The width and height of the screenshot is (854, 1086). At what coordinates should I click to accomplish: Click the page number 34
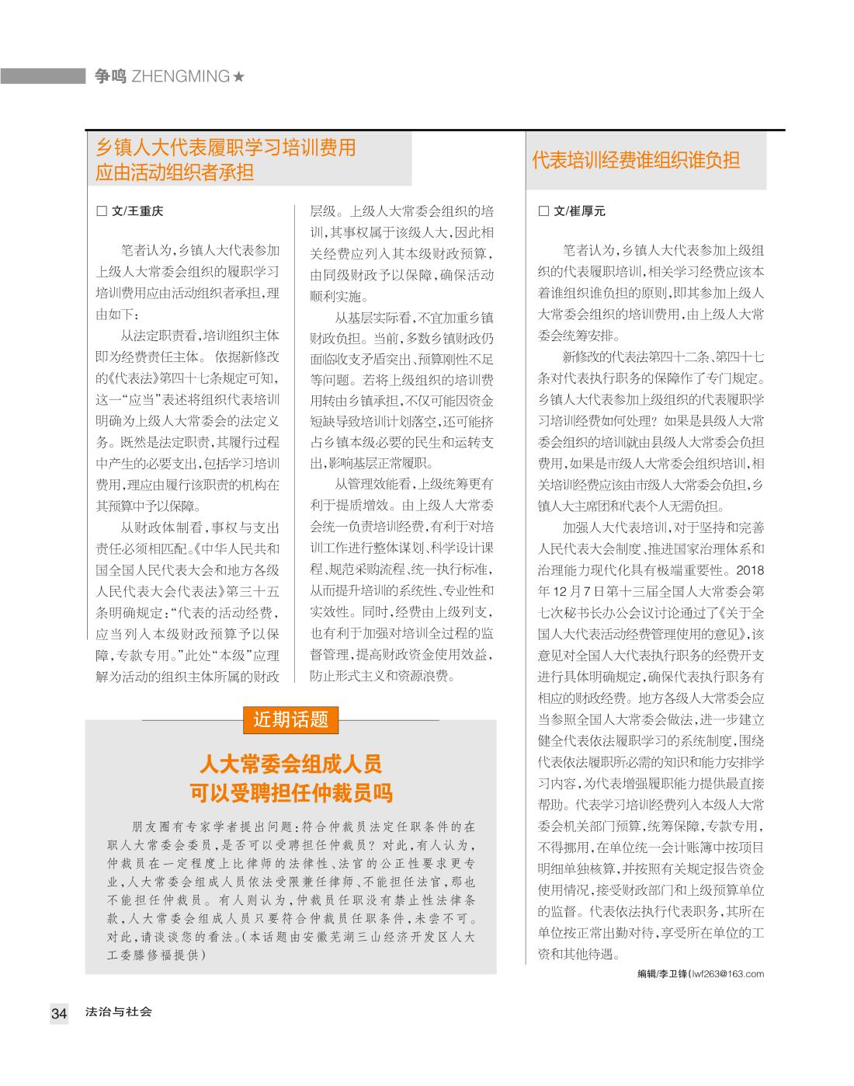(59, 1013)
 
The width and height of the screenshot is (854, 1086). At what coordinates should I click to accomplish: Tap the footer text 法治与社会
(119, 1012)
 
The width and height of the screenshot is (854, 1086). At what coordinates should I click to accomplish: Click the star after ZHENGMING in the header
(239, 76)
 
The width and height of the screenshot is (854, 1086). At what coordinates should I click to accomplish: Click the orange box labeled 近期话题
(291, 719)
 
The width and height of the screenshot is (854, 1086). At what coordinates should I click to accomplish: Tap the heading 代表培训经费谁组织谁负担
(635, 161)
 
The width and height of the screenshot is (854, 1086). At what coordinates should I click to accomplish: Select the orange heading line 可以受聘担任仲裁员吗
(291, 792)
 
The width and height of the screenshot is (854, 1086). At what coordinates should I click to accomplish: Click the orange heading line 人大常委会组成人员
(291, 764)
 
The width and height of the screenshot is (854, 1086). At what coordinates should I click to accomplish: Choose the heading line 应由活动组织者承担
(175, 172)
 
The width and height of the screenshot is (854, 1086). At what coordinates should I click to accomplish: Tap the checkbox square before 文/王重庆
(100, 211)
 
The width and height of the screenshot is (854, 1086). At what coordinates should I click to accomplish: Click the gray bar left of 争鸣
(43, 76)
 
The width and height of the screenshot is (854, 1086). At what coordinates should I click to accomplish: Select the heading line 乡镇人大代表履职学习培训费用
(225, 147)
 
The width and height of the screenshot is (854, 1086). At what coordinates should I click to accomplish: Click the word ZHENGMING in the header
(181, 76)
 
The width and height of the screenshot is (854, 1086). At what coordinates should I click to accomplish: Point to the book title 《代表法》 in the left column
(137, 378)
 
